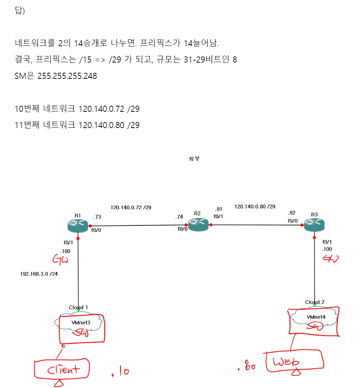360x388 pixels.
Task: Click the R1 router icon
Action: coord(78,226)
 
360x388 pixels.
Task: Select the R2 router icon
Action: coord(198,225)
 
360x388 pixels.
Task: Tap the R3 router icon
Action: coord(315,225)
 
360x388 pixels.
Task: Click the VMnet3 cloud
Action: coord(78,322)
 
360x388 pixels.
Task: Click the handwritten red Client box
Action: coord(62,369)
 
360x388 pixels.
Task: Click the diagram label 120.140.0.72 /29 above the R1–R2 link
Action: coord(131,207)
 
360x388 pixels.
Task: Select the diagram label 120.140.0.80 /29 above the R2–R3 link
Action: coord(255,207)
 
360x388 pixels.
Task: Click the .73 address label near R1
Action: coord(97,217)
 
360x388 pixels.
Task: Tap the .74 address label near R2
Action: coord(179,217)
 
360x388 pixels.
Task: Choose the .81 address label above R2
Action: coord(218,209)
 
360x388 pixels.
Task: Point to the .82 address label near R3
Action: coord(291,213)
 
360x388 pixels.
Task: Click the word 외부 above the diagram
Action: coord(194,159)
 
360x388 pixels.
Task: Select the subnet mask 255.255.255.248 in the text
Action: coord(67,76)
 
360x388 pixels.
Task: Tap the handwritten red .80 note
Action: coord(246,366)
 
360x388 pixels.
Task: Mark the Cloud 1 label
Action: coord(78,307)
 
